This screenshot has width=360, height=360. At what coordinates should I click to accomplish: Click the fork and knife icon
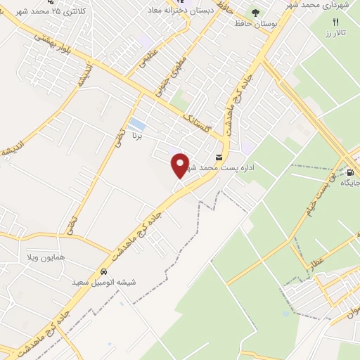336,22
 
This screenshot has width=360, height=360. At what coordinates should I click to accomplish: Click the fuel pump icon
349,171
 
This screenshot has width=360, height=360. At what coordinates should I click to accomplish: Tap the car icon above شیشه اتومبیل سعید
103,271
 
